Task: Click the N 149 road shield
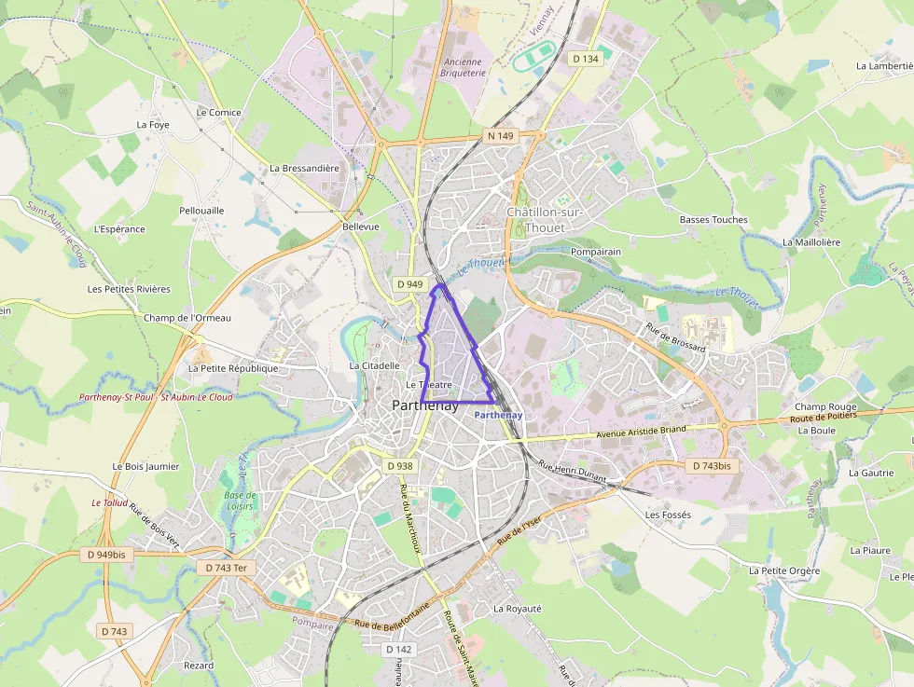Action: [501, 136]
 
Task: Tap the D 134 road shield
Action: [586, 59]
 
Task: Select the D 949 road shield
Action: [409, 284]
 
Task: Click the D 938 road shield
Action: [398, 466]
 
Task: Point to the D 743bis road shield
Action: [711, 465]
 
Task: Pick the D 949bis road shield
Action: [106, 555]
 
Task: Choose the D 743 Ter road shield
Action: [226, 568]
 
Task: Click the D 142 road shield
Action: [397, 650]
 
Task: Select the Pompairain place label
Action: [596, 253]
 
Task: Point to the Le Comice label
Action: [218, 113]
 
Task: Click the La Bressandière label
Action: [304, 169]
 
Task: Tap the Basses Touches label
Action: [713, 220]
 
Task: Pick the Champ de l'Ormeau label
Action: [187, 318]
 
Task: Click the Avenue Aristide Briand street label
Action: [640, 433]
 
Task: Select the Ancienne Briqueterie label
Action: [463, 67]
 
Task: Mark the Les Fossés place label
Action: [668, 515]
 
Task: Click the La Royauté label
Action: [517, 609]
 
